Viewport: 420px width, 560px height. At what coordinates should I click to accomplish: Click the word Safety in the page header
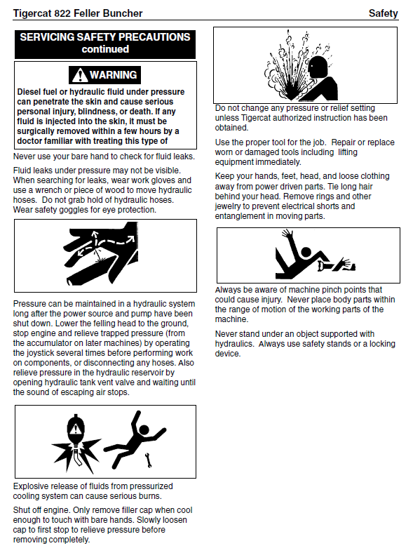coord(384,13)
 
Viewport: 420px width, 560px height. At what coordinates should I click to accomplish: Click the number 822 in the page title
coord(62,13)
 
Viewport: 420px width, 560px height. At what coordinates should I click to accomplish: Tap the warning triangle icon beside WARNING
coord(79,75)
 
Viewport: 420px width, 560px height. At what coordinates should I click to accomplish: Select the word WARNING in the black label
coord(113,75)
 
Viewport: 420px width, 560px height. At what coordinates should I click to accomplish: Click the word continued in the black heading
coord(105,49)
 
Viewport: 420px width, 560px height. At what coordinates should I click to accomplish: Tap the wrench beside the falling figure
coord(148,460)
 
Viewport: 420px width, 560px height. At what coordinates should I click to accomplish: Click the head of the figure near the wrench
coord(144,429)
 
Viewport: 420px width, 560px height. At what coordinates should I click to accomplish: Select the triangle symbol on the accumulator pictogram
coord(75,429)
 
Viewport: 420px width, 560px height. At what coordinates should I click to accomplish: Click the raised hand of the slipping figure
coord(287,234)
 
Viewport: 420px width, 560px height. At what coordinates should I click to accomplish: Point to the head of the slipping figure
coord(306,253)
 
